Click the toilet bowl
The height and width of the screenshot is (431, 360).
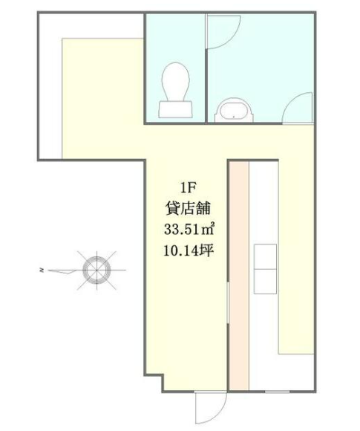(x=176, y=82)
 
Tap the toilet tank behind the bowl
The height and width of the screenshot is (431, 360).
(x=176, y=109)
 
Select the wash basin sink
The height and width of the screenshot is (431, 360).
(x=233, y=110)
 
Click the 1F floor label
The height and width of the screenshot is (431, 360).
(x=188, y=189)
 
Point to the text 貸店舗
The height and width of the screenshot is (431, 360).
(x=189, y=208)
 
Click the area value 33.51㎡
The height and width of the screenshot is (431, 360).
(x=189, y=229)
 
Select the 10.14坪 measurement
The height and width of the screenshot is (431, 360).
(x=189, y=250)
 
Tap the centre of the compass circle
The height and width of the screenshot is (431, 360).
(x=96, y=270)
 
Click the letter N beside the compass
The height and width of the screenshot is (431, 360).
(x=42, y=270)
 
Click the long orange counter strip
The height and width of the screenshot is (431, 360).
(x=239, y=316)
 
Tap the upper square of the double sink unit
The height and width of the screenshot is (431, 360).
(x=265, y=256)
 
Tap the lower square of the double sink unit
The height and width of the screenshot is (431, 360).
(x=265, y=282)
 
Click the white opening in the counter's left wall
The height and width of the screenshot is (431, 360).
(x=228, y=302)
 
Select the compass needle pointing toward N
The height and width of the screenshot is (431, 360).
(x=65, y=271)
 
